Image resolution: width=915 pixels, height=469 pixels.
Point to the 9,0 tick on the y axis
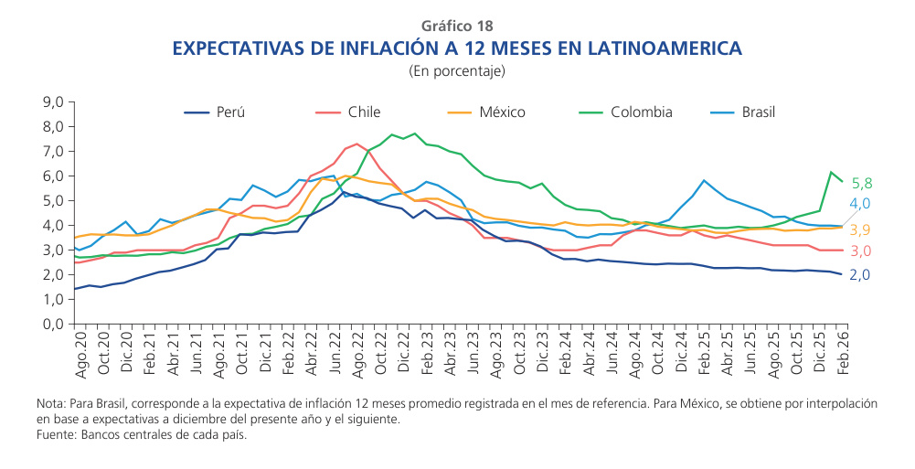(x=53, y=102)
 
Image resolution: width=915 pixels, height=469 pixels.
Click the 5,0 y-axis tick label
(x=53, y=201)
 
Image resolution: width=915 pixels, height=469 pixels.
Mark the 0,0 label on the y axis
(x=53, y=324)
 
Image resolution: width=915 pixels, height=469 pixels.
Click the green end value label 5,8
(x=862, y=183)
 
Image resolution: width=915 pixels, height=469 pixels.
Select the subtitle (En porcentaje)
(x=457, y=70)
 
